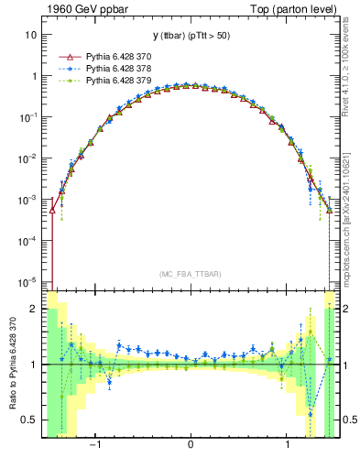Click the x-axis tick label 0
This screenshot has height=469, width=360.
coord(191,445)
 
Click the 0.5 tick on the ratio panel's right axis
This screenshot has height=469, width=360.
coord(347,420)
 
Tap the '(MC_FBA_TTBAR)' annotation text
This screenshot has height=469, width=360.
coord(190,273)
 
